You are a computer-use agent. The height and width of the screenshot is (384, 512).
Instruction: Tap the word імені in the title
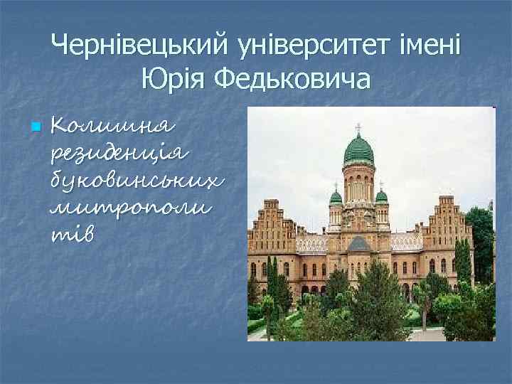point(434,46)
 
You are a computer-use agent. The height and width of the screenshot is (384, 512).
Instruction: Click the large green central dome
point(358,151)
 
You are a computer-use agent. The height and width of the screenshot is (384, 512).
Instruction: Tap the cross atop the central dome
point(358,128)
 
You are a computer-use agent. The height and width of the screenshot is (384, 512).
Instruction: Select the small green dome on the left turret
point(336,197)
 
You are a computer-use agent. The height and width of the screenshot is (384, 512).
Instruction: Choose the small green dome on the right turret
point(382,196)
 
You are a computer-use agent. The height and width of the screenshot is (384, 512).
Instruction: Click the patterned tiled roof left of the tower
point(311,243)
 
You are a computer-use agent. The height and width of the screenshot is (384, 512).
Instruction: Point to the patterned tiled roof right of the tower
point(406,242)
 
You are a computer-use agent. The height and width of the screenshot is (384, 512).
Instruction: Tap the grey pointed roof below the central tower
point(358,243)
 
